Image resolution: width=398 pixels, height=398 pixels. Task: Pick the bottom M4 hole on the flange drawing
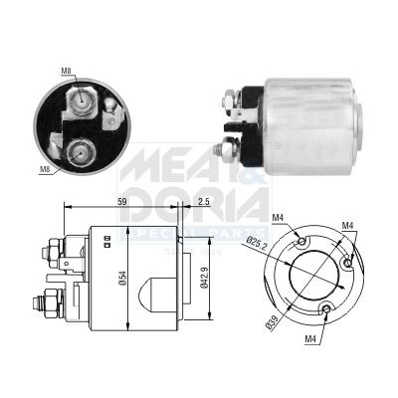329,308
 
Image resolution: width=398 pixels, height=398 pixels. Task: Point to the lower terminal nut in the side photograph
230,149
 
